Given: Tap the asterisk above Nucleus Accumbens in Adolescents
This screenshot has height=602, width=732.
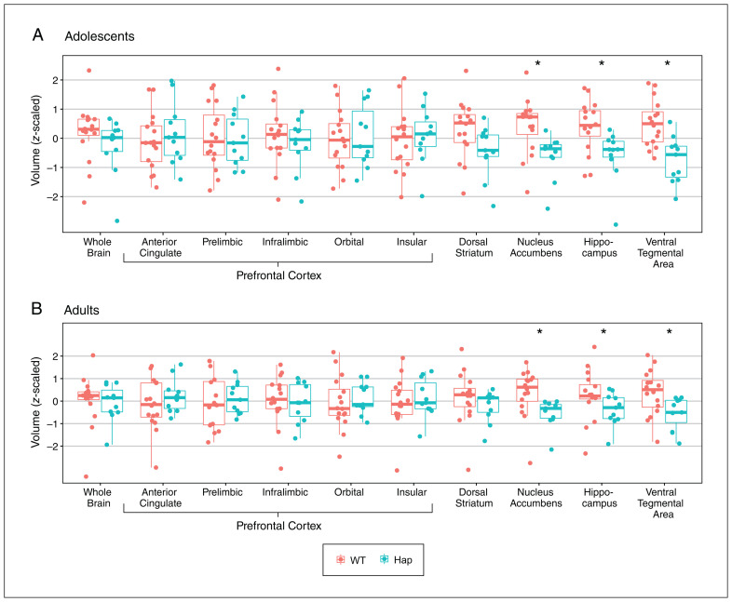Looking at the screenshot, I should pos(537,63).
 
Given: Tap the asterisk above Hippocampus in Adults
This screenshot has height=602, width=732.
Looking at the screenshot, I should pos(603,332).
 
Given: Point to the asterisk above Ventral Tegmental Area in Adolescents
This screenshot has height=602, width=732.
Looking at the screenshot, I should pos(668,63).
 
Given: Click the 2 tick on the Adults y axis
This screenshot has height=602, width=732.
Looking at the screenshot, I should pos(58,356).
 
